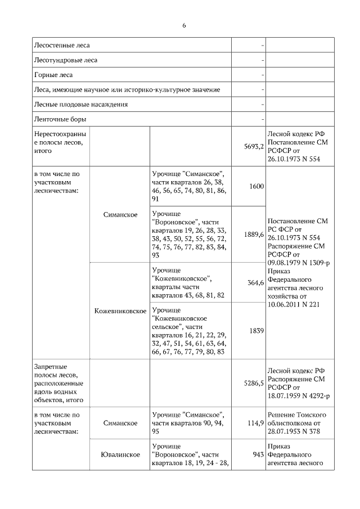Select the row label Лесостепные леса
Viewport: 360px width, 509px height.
point(62,45)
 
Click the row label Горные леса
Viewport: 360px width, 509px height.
point(53,75)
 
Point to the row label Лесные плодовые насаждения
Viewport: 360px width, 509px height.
point(81,105)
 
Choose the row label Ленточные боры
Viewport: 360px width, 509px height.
point(60,119)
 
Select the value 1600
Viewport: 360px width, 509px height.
point(256,187)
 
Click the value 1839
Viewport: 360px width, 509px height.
point(256,331)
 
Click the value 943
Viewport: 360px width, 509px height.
point(258,454)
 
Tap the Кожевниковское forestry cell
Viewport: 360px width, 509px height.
point(120,311)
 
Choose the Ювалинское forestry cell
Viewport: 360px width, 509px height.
point(120,454)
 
